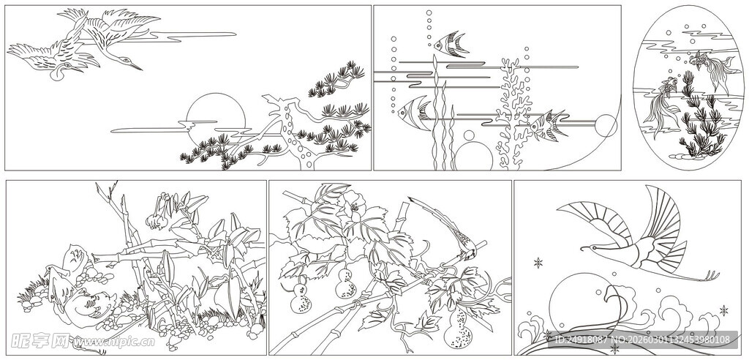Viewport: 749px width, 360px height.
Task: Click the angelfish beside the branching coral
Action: click(x=546, y=124)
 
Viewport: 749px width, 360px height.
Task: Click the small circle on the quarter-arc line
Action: click(x=605, y=125)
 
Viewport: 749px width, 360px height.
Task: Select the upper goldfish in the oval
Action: click(x=714, y=70)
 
